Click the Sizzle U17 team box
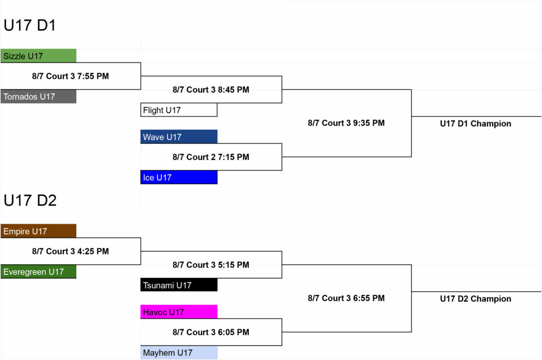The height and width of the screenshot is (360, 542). (38, 56)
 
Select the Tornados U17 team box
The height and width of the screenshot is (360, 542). (38, 96)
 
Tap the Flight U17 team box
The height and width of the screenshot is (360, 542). (179, 110)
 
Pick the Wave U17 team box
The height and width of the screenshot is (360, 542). (179, 137)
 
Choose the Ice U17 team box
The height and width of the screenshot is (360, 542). (179, 177)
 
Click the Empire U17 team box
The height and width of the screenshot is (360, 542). (38, 231)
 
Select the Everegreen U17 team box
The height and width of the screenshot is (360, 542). (38, 272)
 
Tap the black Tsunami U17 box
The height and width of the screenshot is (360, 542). (179, 285)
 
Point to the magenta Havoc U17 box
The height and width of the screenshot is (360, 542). (179, 312)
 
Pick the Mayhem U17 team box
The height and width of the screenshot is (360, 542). (179, 353)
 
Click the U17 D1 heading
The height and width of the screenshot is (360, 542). (30, 25)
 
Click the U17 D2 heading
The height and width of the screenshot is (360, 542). (30, 201)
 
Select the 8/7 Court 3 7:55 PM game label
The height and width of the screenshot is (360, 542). (70, 76)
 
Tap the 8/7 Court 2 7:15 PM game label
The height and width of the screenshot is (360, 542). (211, 157)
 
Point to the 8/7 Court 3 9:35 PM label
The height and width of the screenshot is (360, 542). (346, 123)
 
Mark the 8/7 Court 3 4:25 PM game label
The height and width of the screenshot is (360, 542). (70, 251)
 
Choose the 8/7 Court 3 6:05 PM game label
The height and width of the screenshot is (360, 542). (211, 332)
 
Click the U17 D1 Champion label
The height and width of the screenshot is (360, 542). (476, 124)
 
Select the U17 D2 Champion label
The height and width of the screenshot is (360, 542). (476, 299)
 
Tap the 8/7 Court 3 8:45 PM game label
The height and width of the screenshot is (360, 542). (211, 89)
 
